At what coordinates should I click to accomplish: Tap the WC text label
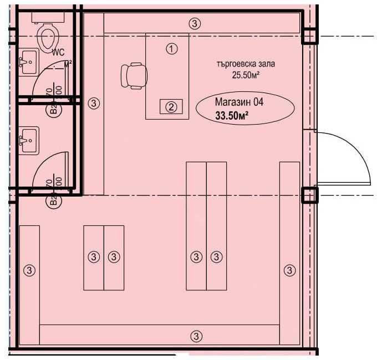[x=58, y=52]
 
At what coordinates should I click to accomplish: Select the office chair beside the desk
[x=134, y=75]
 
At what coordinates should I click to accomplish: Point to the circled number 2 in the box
[x=171, y=107]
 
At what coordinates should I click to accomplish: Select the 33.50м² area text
[x=231, y=116]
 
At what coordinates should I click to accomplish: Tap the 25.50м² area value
[x=246, y=74]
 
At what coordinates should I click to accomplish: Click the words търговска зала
[x=246, y=64]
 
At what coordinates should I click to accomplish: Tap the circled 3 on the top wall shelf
[x=195, y=23]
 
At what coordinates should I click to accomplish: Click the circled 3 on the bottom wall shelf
[x=195, y=335]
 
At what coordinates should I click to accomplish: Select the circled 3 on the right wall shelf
[x=289, y=270]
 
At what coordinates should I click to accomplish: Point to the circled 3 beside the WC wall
[x=94, y=103]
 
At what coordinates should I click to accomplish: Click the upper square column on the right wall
[x=308, y=36]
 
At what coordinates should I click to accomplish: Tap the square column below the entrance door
[x=309, y=196]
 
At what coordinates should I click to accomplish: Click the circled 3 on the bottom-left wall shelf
[x=29, y=270]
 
